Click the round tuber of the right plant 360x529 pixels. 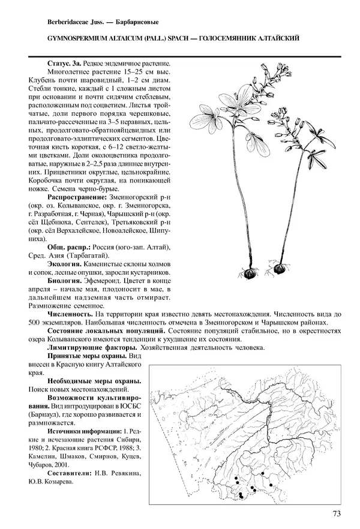point(280,270)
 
